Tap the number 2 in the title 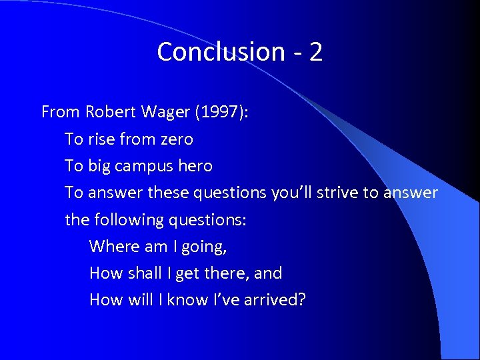[315, 52]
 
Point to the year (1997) [220, 112]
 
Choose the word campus [149, 166]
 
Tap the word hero [197, 166]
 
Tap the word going [204, 247]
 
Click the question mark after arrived [302, 299]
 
